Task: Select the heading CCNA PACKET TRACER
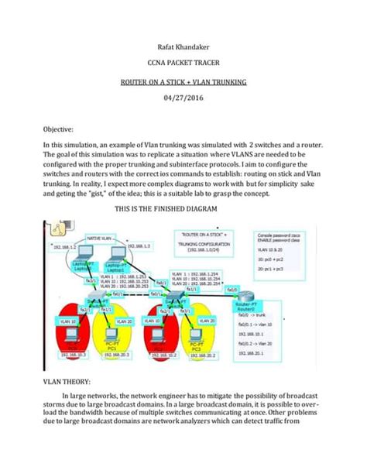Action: (183, 69)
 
